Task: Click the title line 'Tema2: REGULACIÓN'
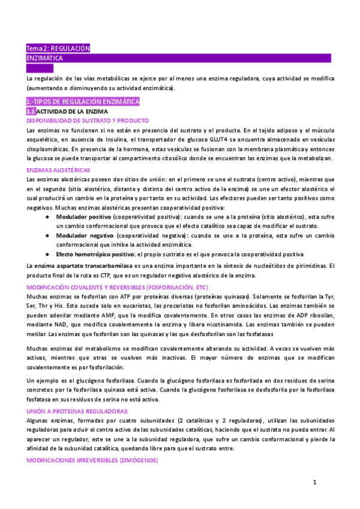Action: pyautogui.click(x=58, y=49)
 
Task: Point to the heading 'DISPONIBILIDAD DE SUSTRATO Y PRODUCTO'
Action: pyautogui.click(x=88, y=121)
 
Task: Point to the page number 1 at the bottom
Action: pyautogui.click(x=314, y=481)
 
